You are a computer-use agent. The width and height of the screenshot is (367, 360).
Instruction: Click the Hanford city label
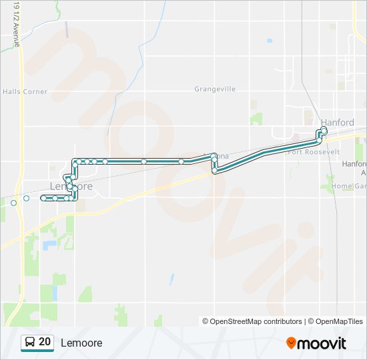[x=337, y=123]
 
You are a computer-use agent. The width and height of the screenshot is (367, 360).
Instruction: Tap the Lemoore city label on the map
[x=71, y=186]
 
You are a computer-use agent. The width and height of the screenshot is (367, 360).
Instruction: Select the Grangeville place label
[x=215, y=89]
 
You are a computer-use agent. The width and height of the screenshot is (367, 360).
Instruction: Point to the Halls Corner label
[x=25, y=92]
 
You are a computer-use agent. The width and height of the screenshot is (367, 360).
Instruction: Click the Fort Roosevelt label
[x=314, y=152]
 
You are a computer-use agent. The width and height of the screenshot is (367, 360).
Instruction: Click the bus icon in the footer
[x=29, y=343]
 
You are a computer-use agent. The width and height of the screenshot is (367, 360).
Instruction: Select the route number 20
[x=45, y=342]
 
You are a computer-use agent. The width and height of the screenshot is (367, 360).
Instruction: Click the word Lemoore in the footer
[x=81, y=343]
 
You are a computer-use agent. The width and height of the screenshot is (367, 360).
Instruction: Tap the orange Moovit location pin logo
[x=291, y=343]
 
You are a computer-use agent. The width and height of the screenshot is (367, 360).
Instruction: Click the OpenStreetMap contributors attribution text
[x=252, y=321]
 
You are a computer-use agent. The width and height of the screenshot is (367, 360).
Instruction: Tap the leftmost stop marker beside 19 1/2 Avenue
[x=13, y=202]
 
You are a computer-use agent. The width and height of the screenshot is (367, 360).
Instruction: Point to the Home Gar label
[x=350, y=186]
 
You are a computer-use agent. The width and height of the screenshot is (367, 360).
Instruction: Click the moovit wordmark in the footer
[x=322, y=343]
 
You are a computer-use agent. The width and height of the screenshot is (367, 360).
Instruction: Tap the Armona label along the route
[x=220, y=157]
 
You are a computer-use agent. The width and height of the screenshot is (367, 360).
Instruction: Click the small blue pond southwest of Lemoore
[x=49, y=245]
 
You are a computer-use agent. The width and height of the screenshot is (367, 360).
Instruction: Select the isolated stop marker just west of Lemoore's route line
[x=26, y=198]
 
